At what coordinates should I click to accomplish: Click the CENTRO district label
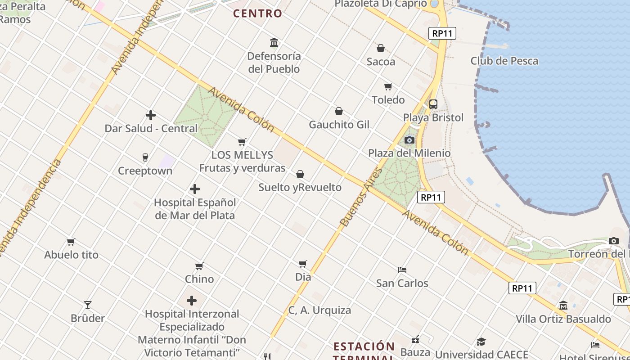click(257, 13)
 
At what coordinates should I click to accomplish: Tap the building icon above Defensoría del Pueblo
click(274, 43)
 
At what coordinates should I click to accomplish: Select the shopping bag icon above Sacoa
click(381, 48)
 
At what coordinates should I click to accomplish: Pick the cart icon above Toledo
click(388, 86)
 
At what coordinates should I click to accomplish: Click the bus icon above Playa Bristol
click(433, 104)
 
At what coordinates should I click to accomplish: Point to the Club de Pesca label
click(504, 61)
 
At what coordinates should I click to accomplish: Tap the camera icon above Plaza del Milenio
click(409, 140)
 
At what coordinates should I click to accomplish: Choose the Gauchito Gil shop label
click(339, 125)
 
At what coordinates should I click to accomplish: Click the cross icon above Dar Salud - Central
click(151, 115)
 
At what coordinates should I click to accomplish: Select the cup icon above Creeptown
click(145, 157)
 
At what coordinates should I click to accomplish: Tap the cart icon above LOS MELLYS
click(242, 142)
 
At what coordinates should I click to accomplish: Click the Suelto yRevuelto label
click(300, 187)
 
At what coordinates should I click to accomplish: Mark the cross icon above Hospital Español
click(195, 189)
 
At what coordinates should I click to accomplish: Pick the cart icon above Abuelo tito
click(71, 242)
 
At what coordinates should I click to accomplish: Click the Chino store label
click(199, 279)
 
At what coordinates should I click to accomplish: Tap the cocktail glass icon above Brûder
click(88, 305)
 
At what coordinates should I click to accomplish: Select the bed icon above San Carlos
click(402, 270)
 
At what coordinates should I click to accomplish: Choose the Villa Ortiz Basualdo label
click(563, 319)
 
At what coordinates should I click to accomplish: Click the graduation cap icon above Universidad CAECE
click(481, 342)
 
